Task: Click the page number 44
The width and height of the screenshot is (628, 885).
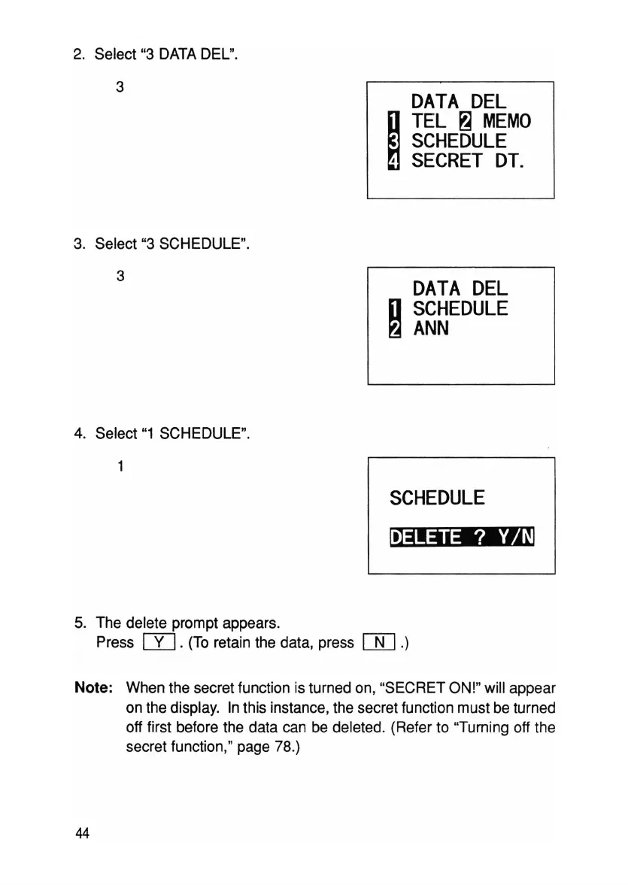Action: click(82, 834)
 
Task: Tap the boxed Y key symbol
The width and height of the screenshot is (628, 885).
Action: click(159, 642)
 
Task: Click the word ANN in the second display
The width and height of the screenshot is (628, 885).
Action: click(430, 328)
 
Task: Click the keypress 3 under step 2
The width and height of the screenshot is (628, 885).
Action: click(120, 86)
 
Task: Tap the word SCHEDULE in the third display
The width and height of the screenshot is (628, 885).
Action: click(437, 498)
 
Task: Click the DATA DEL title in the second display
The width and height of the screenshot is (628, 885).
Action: click(460, 288)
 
